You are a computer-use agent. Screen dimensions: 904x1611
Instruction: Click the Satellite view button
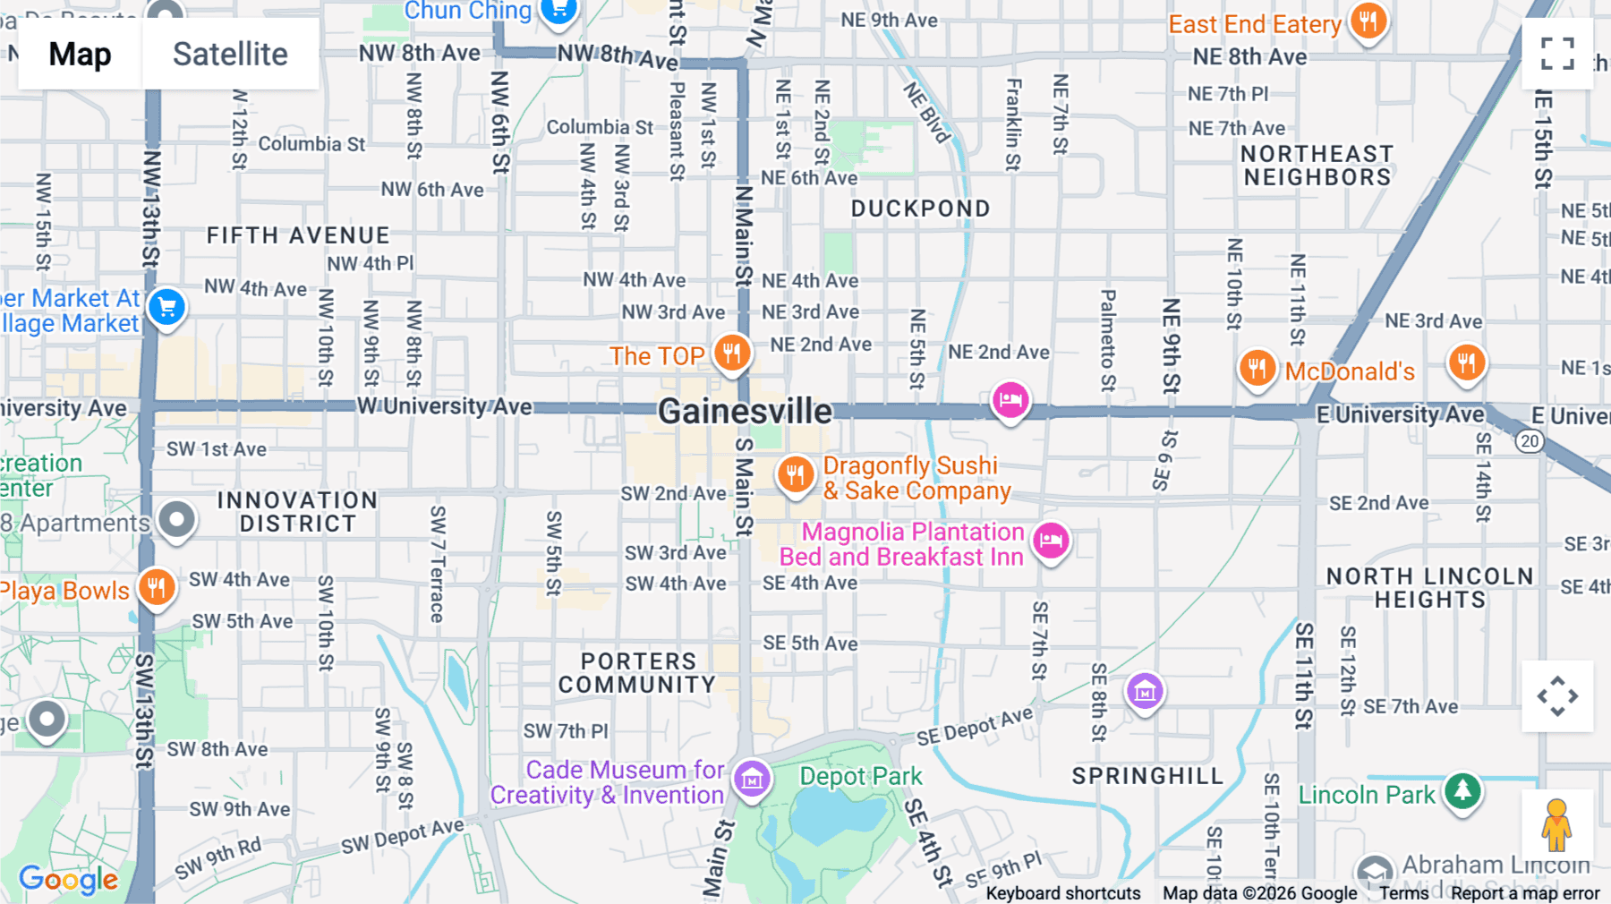[x=230, y=55]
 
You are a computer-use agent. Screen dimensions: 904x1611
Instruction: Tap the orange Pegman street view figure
[x=1556, y=825]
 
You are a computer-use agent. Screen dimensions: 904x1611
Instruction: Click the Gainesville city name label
[x=745, y=412]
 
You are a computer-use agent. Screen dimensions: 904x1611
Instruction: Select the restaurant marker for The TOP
[x=732, y=353]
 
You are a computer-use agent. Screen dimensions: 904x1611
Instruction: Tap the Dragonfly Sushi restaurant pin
[x=795, y=473]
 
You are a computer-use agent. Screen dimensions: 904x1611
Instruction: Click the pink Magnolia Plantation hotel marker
[x=1051, y=540]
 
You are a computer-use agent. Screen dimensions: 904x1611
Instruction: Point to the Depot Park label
[x=860, y=776]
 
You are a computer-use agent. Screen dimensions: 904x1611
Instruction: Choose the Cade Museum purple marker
[x=752, y=779]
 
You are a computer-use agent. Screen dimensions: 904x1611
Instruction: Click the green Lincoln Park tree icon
[x=1462, y=790]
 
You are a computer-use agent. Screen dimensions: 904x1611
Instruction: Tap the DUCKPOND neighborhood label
[x=920, y=209]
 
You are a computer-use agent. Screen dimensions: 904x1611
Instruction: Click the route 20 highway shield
[x=1530, y=440]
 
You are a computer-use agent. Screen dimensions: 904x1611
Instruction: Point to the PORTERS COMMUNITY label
[x=637, y=673]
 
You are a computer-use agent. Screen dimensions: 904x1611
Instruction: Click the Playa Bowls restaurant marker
[x=157, y=588]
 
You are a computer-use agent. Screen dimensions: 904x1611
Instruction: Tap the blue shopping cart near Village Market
[x=167, y=307]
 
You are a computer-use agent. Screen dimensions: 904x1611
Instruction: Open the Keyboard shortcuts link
[x=1062, y=893]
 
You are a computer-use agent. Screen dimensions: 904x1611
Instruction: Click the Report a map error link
[x=1525, y=893]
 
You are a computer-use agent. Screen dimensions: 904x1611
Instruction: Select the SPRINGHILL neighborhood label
[x=1147, y=776]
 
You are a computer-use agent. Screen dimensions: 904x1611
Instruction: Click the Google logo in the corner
[x=68, y=880]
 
